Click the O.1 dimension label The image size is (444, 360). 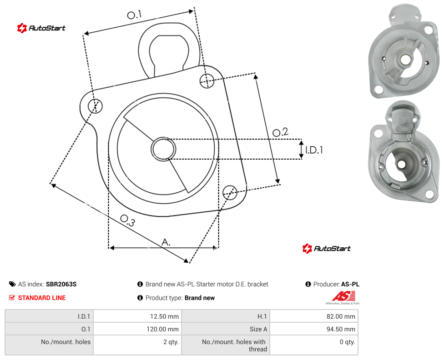pos(134,15)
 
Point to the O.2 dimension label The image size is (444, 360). pos(280,132)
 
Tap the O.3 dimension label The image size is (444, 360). pos(127,220)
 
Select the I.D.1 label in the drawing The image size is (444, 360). pos(314,150)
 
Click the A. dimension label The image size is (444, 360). pos(166,242)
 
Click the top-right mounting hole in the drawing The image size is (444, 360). pos(207,80)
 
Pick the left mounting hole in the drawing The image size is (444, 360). pos(95,106)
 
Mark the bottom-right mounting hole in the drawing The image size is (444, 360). pos(230,193)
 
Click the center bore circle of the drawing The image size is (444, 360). pos(163,149)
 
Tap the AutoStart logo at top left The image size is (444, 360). pos(41,28)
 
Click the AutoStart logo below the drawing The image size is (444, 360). pos(327,249)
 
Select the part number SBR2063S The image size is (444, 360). pos(61,284)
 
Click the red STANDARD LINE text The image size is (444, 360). pos(42,298)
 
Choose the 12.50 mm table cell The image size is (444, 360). pos(137,316)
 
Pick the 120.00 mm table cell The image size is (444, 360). pos(137,329)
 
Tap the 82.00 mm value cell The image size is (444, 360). pos(314,316)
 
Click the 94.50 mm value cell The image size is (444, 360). pos(314,329)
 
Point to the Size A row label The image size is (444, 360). pos(258,329)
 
